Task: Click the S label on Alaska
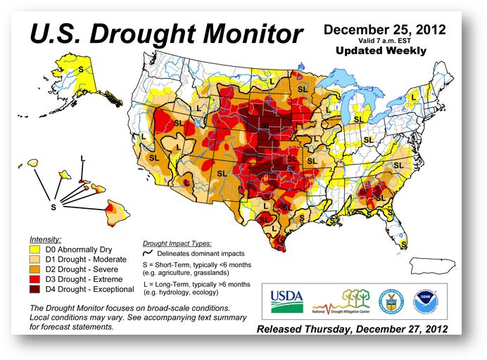(80, 69)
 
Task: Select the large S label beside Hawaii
(53, 207)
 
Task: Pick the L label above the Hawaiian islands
(83, 158)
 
